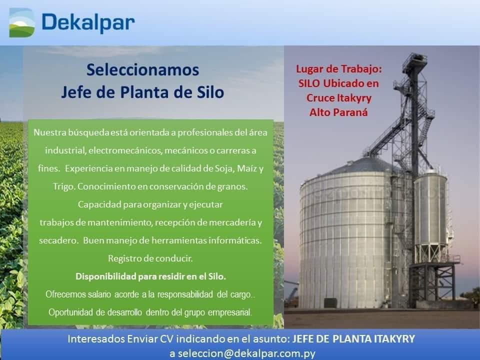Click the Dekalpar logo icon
22,22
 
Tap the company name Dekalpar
88,22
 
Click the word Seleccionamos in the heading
142,70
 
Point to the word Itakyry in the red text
354,98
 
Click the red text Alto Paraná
338,112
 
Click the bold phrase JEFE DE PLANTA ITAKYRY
353,339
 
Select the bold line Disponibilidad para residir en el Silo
150,276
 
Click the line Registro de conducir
150,258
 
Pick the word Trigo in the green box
64,186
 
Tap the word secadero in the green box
58,240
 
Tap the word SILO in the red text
309,83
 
